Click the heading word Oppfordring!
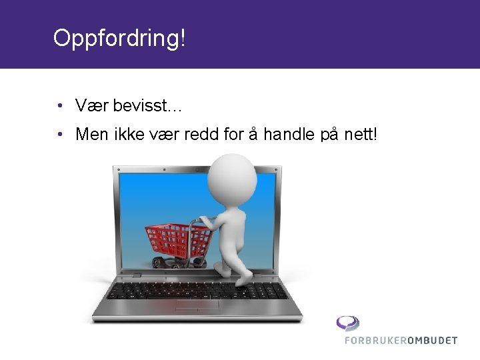[x=119, y=38]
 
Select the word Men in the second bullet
[x=91, y=135]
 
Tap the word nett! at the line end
[x=361, y=135]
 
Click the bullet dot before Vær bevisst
[x=60, y=105]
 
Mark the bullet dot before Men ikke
[x=60, y=135]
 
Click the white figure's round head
[x=231, y=173]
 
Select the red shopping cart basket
[x=176, y=238]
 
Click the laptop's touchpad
[x=197, y=306]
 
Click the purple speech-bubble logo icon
[x=347, y=323]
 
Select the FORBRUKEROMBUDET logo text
[x=401, y=340]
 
